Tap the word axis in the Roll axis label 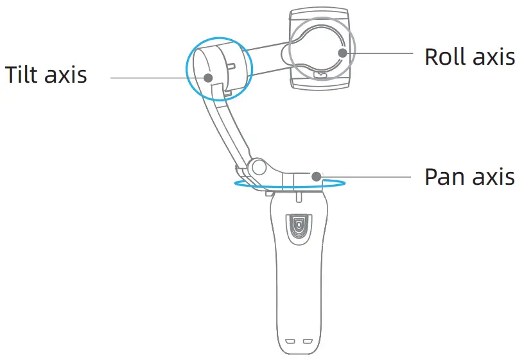click(493, 56)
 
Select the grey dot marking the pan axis click(317, 175)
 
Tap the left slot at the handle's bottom click(290, 341)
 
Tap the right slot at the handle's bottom click(307, 341)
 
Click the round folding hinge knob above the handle click(259, 167)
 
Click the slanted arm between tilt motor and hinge click(224, 128)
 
